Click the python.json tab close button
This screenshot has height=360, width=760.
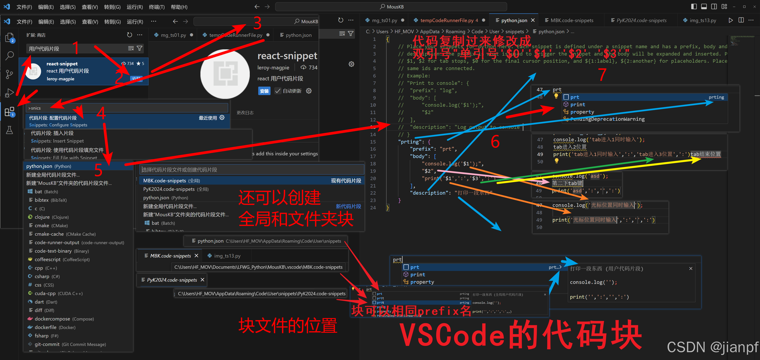click(533, 20)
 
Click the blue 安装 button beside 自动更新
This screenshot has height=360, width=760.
click(264, 91)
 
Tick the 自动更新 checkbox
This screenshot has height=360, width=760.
click(278, 91)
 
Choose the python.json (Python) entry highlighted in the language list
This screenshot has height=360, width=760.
click(49, 166)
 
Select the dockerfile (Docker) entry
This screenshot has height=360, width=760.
click(55, 327)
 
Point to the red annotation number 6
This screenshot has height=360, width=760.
click(495, 142)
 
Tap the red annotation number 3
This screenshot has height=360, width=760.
click(257, 23)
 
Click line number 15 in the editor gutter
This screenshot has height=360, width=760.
click(373, 142)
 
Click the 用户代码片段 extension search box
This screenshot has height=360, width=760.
click(77, 48)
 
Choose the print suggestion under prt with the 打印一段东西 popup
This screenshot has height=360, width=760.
click(417, 275)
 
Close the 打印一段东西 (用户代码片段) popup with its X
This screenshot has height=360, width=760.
click(691, 268)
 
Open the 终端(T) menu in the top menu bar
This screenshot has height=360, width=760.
click(157, 7)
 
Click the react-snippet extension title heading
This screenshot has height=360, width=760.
click(287, 56)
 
